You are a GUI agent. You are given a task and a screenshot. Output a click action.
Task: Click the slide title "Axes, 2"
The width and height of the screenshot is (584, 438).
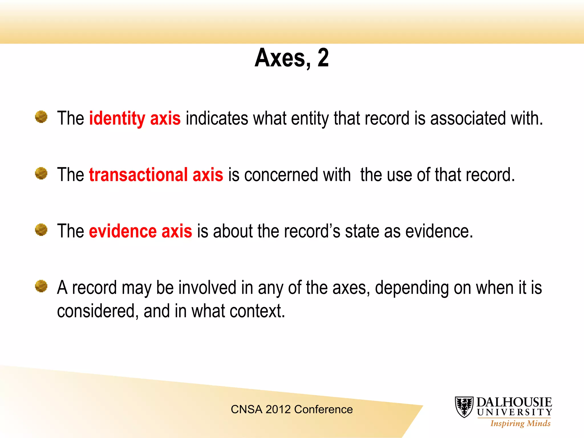tap(291, 58)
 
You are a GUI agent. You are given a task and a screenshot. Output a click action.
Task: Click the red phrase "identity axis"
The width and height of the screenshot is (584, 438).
tap(135, 118)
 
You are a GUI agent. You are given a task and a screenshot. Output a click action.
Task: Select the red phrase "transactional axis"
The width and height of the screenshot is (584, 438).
tap(156, 175)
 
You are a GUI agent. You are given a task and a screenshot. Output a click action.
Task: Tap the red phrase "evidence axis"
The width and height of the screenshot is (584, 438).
tap(141, 231)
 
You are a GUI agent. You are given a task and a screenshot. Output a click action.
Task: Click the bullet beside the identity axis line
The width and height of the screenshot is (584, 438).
tap(41, 117)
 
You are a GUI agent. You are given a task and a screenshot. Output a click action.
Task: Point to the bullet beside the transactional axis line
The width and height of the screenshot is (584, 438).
tap(41, 173)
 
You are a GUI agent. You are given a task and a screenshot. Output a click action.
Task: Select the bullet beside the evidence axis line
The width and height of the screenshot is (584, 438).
tap(41, 230)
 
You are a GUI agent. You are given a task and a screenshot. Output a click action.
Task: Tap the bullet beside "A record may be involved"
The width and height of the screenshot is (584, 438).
tap(41, 286)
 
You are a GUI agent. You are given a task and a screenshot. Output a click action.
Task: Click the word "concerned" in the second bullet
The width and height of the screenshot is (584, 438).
tap(281, 175)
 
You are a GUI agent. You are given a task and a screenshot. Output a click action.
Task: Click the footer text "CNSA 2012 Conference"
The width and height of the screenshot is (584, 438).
tap(292, 409)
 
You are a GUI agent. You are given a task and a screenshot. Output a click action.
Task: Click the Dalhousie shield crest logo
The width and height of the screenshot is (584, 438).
tap(464, 407)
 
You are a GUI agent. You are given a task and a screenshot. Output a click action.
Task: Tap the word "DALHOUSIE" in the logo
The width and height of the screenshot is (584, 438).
tap(514, 402)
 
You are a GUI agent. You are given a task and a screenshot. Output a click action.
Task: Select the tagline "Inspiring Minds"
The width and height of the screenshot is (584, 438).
tap(520, 423)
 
